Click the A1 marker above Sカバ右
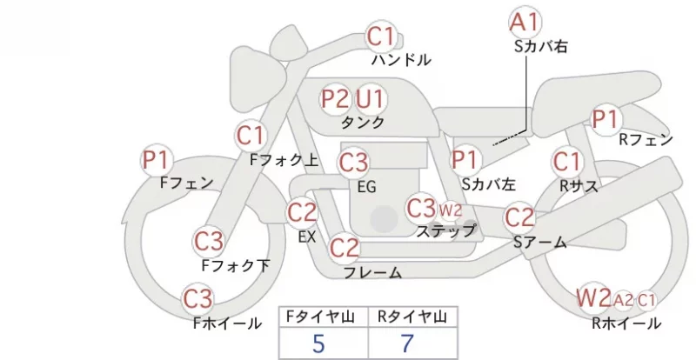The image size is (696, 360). point(525,23)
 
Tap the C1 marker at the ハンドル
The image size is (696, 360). point(381,37)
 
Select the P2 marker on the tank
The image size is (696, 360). point(336,98)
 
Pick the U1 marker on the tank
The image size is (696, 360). point(371,98)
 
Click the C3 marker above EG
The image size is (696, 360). point(353,163)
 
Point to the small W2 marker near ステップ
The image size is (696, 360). point(451,210)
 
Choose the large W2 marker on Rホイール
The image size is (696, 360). point(594,297)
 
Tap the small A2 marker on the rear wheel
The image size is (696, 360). point(623,301)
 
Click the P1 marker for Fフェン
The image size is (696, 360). point(157,160)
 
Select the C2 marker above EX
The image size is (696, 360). point(302,212)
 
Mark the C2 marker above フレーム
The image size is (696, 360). point(345,248)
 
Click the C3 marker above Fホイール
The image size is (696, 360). point(198,299)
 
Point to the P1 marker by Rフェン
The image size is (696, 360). point(606,119)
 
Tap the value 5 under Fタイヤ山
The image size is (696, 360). point(318,343)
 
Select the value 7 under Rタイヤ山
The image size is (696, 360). point(407,343)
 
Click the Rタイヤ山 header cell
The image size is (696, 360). point(412,317)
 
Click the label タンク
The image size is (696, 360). point(362,123)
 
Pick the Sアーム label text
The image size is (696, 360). point(540,242)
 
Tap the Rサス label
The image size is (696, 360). point(579,186)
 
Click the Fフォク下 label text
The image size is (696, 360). point(236,265)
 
